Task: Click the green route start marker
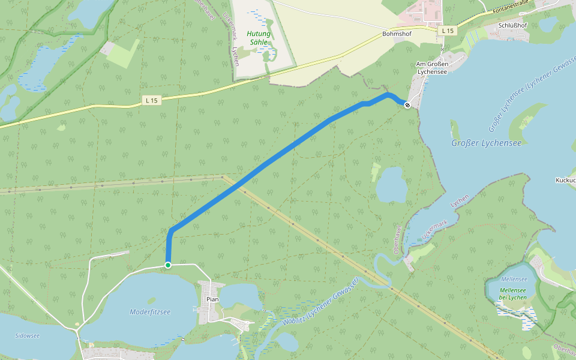(x=168, y=265)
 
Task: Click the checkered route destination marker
(x=407, y=105)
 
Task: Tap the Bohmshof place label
(x=397, y=34)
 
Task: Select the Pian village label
(x=212, y=299)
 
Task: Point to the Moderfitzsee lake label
(x=150, y=311)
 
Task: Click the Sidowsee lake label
(x=27, y=335)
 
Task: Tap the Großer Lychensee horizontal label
(x=486, y=143)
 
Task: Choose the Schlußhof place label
(x=512, y=26)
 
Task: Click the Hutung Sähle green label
(x=259, y=38)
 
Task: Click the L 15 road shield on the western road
(x=151, y=101)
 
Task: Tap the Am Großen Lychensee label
(x=433, y=67)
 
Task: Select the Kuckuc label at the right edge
(x=565, y=180)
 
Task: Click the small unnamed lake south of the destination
(x=391, y=185)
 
